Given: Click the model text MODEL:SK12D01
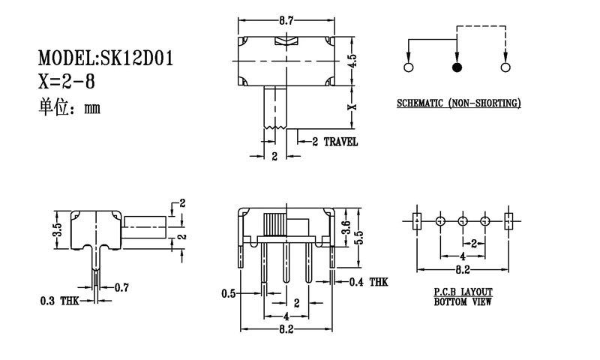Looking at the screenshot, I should pos(106,58).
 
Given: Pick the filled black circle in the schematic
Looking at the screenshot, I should pos(457,68).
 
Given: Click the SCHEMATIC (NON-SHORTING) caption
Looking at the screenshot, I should pos(458,103).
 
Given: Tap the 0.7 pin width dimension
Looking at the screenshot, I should pos(122,286).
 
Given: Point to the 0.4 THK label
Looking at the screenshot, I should pos(369,282).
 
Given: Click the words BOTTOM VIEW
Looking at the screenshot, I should pos(463,303).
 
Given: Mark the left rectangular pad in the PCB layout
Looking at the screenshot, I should pos(418,221).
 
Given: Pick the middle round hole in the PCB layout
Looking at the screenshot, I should pos(463,221).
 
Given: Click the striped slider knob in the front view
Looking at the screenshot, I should pos(275,225).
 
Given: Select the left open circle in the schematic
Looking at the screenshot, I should pos(409,68).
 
